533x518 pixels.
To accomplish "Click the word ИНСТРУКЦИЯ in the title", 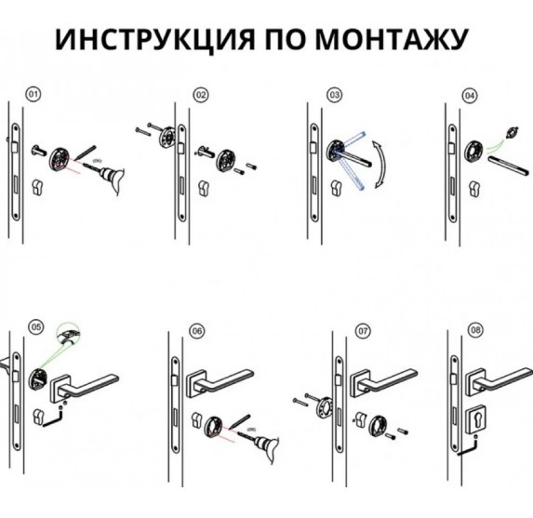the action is [155, 39].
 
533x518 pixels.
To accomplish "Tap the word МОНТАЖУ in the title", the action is [392, 39].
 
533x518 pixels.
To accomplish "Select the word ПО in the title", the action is [285, 39].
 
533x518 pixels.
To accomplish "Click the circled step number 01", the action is [33, 94].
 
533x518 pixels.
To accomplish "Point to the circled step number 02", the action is [201, 95].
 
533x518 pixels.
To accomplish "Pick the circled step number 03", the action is [335, 95].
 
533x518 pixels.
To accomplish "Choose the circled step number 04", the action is [470, 96].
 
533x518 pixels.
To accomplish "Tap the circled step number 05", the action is [36, 327].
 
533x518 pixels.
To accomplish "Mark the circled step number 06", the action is [197, 331].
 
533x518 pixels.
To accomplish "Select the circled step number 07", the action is [363, 331].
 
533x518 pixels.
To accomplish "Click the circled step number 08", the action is [475, 330].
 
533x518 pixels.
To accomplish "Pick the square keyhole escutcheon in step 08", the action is [475, 420].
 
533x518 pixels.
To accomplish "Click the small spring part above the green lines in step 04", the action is [513, 132].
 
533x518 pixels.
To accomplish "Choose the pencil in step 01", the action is [86, 153].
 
